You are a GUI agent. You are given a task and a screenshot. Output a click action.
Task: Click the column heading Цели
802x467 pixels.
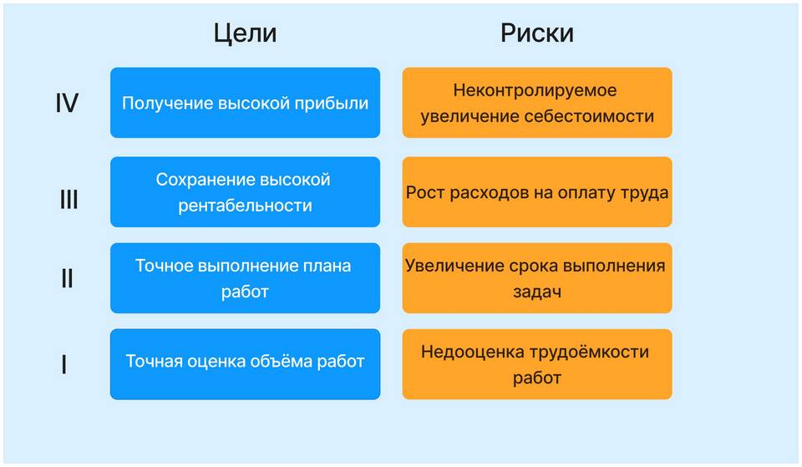(x=245, y=33)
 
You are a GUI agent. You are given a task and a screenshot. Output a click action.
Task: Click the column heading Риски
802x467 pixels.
(x=537, y=33)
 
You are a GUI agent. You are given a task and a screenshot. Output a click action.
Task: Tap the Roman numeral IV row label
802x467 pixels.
(x=67, y=103)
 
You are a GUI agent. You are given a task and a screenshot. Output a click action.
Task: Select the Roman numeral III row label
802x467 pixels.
(x=69, y=199)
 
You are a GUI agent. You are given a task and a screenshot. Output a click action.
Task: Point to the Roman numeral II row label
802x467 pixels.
(x=67, y=279)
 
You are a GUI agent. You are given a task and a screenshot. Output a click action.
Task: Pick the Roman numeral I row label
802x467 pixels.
(x=64, y=365)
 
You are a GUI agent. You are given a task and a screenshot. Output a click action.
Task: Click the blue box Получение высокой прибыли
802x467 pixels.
(x=245, y=103)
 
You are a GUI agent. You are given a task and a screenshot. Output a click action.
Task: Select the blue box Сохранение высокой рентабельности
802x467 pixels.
(x=245, y=192)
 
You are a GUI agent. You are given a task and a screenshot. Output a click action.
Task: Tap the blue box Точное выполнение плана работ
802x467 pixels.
(x=245, y=278)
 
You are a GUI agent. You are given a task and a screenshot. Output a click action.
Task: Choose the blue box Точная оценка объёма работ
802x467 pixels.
(x=245, y=364)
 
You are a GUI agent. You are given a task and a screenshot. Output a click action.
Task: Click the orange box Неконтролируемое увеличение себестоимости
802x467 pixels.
(x=537, y=103)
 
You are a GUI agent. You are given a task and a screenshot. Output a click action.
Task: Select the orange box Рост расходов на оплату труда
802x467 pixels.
(x=537, y=192)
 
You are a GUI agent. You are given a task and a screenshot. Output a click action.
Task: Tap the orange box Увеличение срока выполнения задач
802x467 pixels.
(x=537, y=278)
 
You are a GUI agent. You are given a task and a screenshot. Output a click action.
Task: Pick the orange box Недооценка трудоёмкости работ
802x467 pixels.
(x=537, y=364)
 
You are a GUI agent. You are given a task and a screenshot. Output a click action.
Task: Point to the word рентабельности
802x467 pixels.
(x=245, y=206)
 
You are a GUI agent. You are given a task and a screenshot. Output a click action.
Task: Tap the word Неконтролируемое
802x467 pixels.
(x=535, y=91)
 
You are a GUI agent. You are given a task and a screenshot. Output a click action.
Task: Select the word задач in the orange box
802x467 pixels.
(x=537, y=292)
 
